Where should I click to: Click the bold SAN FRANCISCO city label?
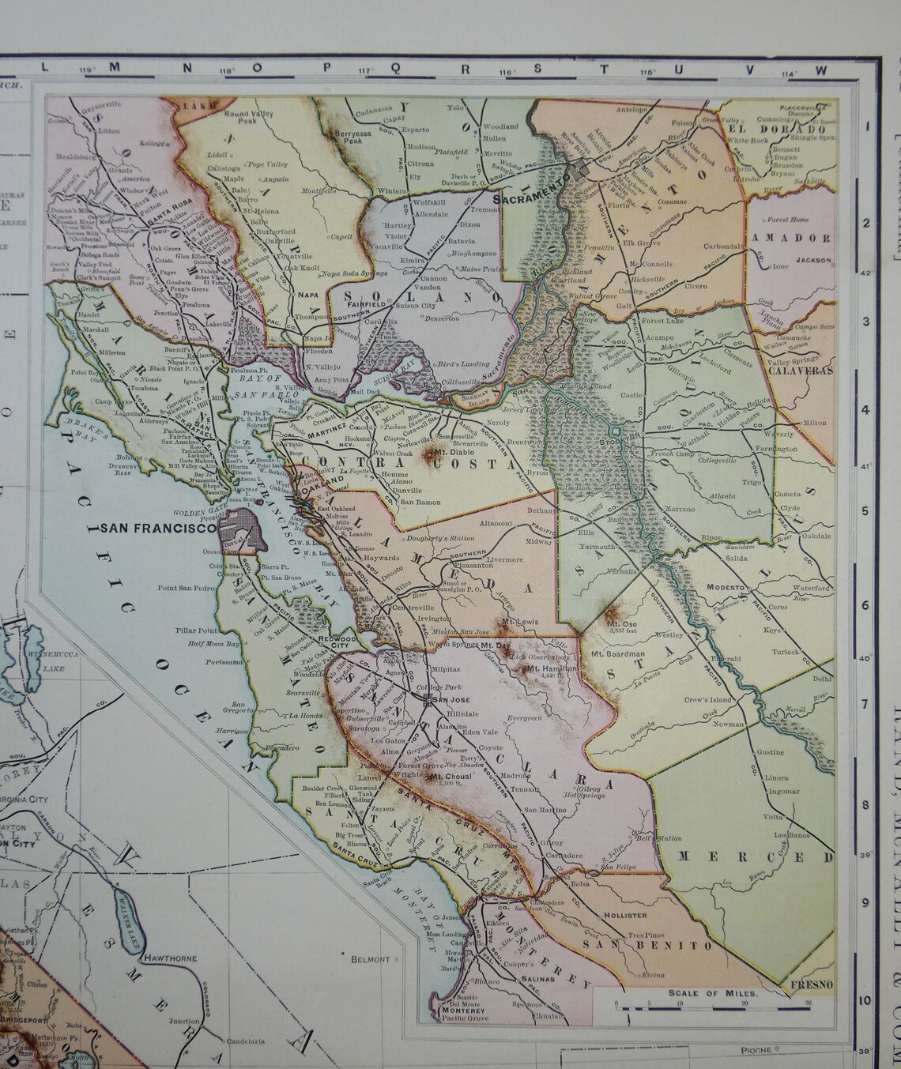click(x=155, y=529)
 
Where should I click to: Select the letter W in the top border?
click(x=820, y=70)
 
